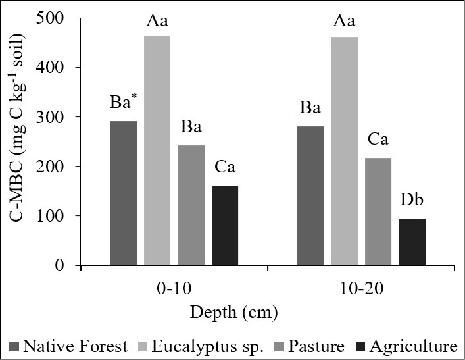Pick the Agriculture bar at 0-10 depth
(224, 226)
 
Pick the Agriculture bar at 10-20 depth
(412, 242)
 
